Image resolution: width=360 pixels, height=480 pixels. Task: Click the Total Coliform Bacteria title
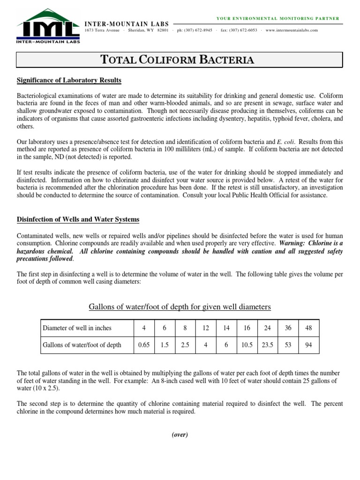(x=180, y=60)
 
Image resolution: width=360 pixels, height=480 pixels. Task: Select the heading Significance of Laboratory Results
(x=69, y=81)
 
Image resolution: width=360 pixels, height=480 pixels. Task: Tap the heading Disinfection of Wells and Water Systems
(x=78, y=219)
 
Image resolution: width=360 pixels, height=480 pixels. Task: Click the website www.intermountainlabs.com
(x=291, y=30)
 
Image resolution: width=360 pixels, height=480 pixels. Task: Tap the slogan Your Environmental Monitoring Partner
(x=277, y=18)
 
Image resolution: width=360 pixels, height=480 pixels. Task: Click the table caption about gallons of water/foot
(x=180, y=307)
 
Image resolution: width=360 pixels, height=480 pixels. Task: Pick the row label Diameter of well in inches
(x=77, y=328)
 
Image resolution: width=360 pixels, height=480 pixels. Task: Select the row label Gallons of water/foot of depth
(x=82, y=345)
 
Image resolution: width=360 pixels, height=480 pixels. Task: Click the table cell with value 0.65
(x=143, y=345)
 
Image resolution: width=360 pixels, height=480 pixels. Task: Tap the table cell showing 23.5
(x=267, y=345)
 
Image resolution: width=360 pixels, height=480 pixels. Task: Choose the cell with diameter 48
(x=308, y=328)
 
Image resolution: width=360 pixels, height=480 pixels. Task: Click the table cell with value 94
(x=308, y=345)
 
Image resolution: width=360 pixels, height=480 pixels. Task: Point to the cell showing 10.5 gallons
(x=247, y=345)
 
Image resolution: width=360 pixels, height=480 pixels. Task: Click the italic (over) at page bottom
(x=180, y=435)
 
